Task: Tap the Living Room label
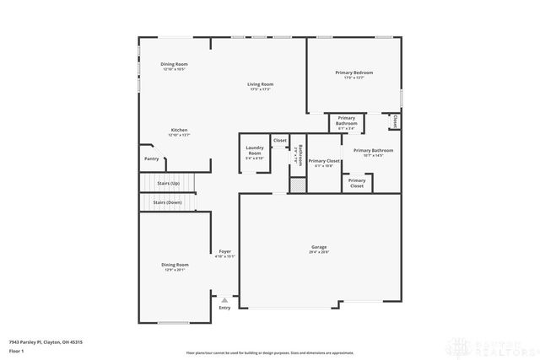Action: (260, 84)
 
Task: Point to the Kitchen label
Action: (179, 130)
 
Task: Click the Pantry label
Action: (151, 159)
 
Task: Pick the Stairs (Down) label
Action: (167, 202)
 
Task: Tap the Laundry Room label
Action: (254, 151)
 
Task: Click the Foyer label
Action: (225, 251)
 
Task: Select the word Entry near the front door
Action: (224, 308)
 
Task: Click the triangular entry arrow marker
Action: (224, 298)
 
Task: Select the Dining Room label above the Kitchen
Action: (175, 65)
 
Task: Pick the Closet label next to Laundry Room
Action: (279, 140)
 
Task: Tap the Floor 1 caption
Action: (16, 352)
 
